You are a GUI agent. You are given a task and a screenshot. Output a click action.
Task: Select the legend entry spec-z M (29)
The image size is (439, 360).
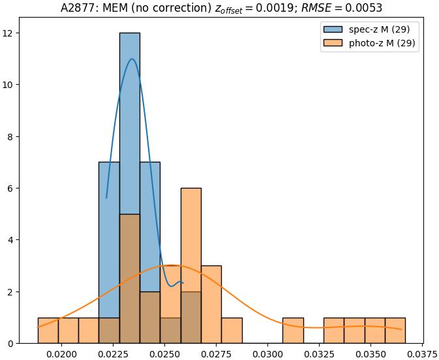pos(369,29)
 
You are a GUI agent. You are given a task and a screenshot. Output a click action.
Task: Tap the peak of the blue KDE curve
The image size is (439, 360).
pos(132,59)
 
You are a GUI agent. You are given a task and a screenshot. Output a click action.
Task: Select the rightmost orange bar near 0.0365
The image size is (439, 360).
pos(395,331)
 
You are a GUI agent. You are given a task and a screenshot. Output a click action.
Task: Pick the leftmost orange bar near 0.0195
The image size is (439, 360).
pos(48,331)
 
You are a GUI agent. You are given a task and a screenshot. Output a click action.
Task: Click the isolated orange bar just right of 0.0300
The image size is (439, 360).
pos(293,331)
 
